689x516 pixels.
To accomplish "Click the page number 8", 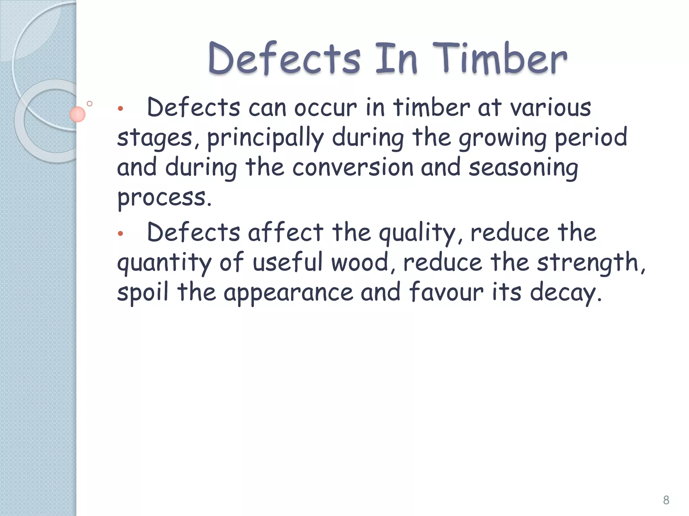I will pos(666,500).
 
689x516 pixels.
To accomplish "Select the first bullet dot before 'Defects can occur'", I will pos(120,109).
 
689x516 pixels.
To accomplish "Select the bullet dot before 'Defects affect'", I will pos(120,233).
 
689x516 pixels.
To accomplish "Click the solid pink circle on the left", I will pos(77,114).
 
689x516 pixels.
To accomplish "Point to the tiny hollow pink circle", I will pos(89,104).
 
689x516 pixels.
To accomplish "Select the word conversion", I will pos(353,167).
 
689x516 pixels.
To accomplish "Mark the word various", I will pos(550,108).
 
